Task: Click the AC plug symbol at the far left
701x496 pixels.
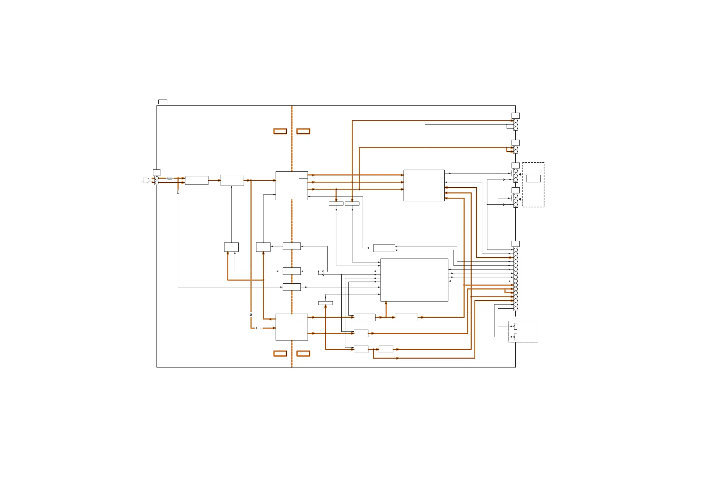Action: [146, 180]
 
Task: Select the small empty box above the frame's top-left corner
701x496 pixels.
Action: [162, 102]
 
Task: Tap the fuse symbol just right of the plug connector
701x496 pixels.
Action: [170, 178]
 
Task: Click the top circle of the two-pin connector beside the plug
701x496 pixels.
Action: [157, 178]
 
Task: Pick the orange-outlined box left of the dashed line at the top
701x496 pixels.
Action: [280, 131]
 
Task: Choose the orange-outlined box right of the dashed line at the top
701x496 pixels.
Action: [303, 131]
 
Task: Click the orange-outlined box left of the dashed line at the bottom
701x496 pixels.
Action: [280, 353]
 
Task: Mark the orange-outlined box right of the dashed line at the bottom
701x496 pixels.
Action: [303, 353]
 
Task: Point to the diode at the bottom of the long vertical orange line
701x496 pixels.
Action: [251, 315]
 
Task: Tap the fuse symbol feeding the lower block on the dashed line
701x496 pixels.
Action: [259, 328]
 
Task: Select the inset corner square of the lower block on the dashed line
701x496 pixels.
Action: [303, 317]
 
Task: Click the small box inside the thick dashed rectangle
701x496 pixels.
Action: [533, 178]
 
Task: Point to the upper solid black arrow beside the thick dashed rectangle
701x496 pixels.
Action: [520, 174]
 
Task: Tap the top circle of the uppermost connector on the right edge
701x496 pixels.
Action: [516, 121]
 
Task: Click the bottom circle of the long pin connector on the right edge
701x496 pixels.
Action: [516, 309]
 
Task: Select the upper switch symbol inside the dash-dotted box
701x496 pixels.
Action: [515, 326]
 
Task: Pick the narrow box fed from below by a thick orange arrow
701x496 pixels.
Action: [325, 303]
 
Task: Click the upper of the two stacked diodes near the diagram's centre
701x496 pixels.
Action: [323, 271]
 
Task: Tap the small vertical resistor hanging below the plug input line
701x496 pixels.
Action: [178, 192]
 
